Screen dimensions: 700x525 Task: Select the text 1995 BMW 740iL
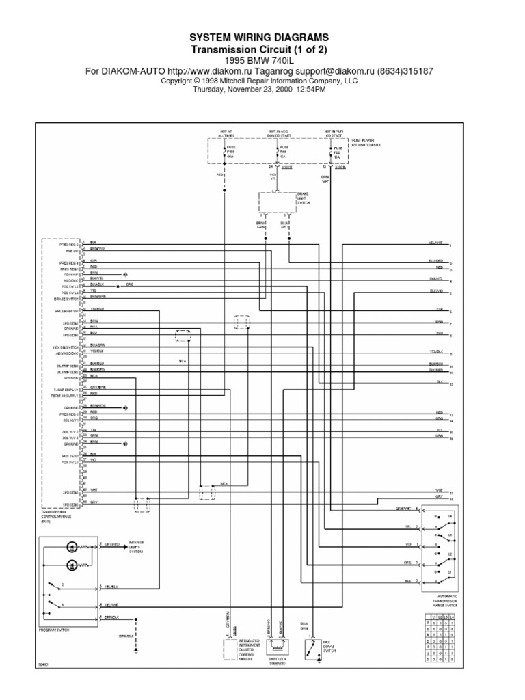point(262,60)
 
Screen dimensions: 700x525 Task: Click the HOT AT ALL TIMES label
point(226,135)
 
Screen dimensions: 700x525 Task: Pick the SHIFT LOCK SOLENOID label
point(277,662)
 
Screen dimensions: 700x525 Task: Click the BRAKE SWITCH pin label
point(68,299)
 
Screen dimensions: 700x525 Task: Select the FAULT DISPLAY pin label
point(67,388)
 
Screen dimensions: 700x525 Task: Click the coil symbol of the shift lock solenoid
point(278,647)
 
